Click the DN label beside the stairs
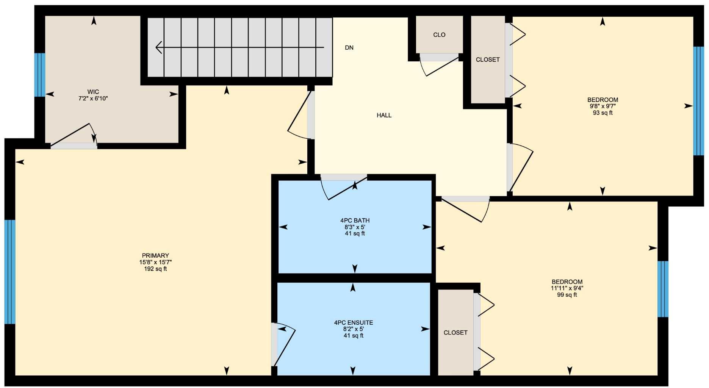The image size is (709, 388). [x=349, y=48]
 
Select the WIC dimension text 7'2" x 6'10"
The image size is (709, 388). [x=93, y=99]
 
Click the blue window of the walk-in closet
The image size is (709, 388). [x=40, y=75]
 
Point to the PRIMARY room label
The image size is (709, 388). [x=155, y=256]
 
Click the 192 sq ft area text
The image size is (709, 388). [x=155, y=269]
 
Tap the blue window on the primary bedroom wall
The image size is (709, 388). [x=10, y=272]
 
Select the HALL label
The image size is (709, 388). [x=384, y=115]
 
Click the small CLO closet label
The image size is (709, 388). [x=439, y=35]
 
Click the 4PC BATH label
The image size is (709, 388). [x=355, y=221]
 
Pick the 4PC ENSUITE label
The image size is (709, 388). [x=353, y=323]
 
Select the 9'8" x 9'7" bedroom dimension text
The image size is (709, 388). [x=603, y=106]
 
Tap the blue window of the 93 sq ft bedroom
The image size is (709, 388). [x=698, y=101]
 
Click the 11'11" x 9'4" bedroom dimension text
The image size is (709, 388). [x=567, y=288]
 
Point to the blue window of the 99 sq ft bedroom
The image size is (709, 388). [x=662, y=289]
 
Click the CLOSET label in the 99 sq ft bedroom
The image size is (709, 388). [x=455, y=333]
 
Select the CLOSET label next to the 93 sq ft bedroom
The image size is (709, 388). [x=488, y=60]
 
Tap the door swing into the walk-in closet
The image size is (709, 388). [x=74, y=136]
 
